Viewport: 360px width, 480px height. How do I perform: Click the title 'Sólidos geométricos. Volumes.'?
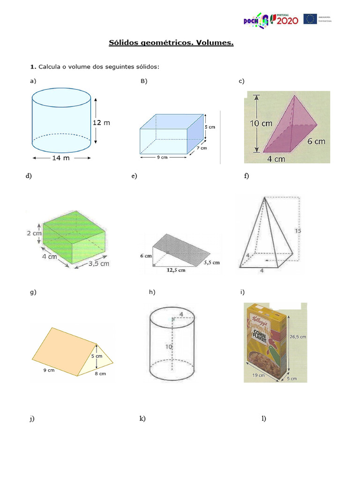171,43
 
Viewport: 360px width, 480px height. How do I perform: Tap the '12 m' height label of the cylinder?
101,122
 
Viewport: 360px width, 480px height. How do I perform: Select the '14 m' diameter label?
60,158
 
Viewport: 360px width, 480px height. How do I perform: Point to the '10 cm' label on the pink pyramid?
261,124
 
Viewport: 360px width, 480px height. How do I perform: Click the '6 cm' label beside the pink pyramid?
316,141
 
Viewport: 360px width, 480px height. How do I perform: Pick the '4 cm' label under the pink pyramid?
277,159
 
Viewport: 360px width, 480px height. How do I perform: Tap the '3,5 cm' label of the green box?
98,263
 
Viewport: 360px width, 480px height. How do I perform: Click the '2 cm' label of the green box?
34,233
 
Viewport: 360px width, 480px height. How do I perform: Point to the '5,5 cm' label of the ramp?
211,263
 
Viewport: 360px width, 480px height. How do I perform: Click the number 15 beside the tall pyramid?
298,230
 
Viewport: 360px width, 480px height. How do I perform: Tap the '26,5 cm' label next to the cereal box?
298,336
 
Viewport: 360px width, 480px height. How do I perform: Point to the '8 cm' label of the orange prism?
100,374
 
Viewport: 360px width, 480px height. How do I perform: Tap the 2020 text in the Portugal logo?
284,20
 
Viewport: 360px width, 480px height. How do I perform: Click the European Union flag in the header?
309,19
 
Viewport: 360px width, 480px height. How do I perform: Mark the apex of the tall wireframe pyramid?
265,198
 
